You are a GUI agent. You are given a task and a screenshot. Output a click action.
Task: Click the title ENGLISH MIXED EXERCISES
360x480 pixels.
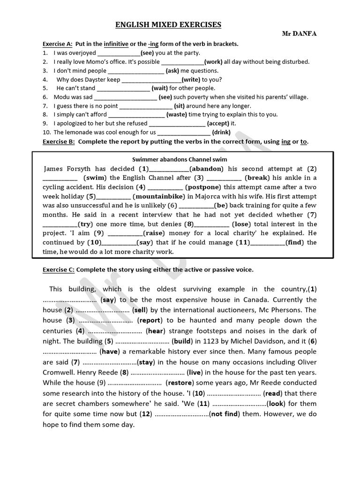[x=168, y=25]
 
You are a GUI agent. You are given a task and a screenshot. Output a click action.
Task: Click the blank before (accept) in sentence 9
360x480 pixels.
[x=177, y=123]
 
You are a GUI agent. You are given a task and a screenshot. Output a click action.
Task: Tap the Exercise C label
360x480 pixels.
[x=59, y=270]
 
